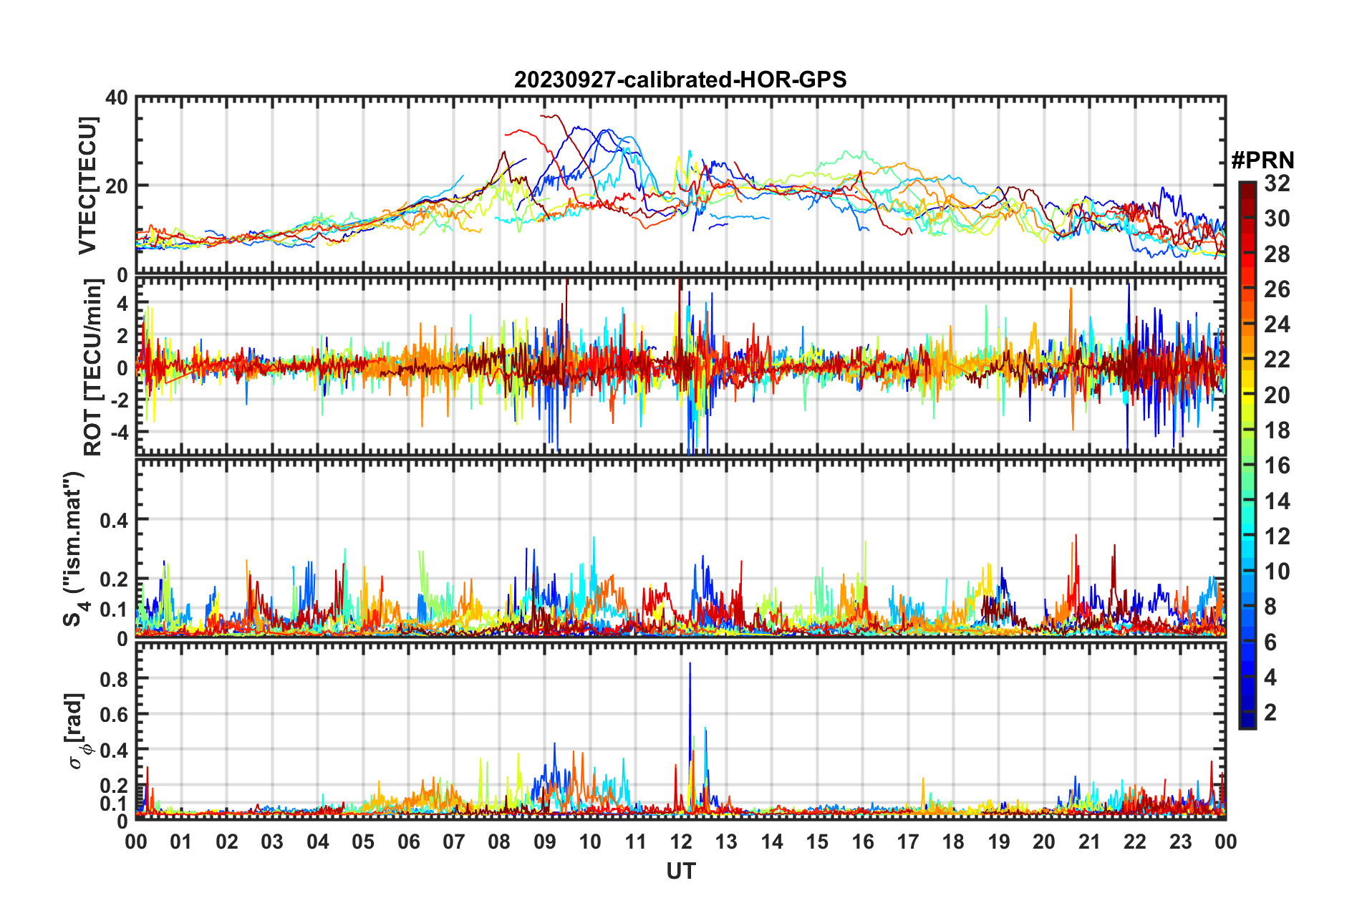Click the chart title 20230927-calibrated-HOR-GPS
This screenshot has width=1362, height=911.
point(680,79)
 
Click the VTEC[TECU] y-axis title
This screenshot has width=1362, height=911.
point(87,185)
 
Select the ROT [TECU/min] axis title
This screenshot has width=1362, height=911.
point(92,367)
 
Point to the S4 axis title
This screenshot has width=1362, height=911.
point(74,549)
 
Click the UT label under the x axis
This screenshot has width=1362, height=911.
point(680,871)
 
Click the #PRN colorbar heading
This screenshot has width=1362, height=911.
point(1262,160)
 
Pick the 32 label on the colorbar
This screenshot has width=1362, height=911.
point(1277,183)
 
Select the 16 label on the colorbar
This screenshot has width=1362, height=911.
point(1277,466)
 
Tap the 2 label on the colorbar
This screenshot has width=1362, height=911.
point(1270,712)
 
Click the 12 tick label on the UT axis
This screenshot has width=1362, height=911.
point(680,842)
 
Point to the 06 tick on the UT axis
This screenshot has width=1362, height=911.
point(408,842)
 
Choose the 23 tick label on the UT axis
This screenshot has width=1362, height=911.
point(1180,842)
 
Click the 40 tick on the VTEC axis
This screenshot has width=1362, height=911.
point(117,97)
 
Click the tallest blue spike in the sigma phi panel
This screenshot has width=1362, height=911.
point(690,666)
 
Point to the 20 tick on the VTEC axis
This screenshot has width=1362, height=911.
point(117,186)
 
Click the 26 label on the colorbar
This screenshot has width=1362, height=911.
point(1277,289)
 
